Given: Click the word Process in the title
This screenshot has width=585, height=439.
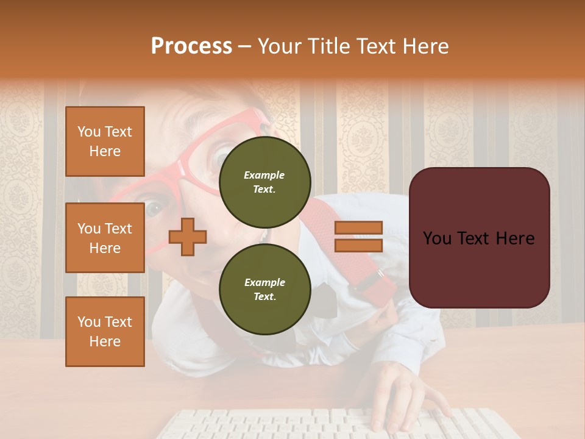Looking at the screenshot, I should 191,46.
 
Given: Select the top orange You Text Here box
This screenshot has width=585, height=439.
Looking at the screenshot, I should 105,141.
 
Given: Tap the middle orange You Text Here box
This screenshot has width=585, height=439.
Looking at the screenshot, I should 105,238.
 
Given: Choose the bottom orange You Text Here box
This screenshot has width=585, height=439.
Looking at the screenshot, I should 105,332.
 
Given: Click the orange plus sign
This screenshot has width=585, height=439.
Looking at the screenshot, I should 188,237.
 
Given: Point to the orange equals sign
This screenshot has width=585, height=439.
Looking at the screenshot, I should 358,237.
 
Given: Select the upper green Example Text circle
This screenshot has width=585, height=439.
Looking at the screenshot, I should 264,182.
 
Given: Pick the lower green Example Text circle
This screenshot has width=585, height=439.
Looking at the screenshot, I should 264,290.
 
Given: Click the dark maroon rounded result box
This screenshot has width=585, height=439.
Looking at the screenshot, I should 479,238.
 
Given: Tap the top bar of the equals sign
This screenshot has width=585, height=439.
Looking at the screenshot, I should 358,228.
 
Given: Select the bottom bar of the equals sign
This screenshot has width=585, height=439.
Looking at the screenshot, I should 358,245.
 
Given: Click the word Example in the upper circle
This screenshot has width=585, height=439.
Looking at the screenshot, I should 264,175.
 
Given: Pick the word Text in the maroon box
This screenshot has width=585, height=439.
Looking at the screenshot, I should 479,238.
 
